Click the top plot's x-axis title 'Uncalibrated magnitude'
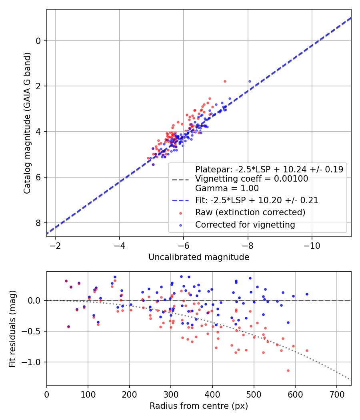coord(199,257)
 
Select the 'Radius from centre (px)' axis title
coord(199,406)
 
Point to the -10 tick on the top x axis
coord(312,245)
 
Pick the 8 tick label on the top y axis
coord(38,223)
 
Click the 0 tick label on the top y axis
coord(38,41)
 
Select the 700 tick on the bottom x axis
coord(336,394)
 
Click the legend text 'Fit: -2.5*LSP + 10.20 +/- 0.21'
coord(257,200)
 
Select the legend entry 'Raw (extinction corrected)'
coord(250,212)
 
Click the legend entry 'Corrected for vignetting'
coord(245,225)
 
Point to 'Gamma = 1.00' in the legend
coord(227,188)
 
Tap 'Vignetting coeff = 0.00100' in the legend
coord(252,179)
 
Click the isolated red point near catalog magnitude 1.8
coord(225,81)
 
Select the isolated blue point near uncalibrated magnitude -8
coord(250,81)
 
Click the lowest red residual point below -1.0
coord(288,370)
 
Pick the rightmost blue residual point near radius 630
coord(307,294)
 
